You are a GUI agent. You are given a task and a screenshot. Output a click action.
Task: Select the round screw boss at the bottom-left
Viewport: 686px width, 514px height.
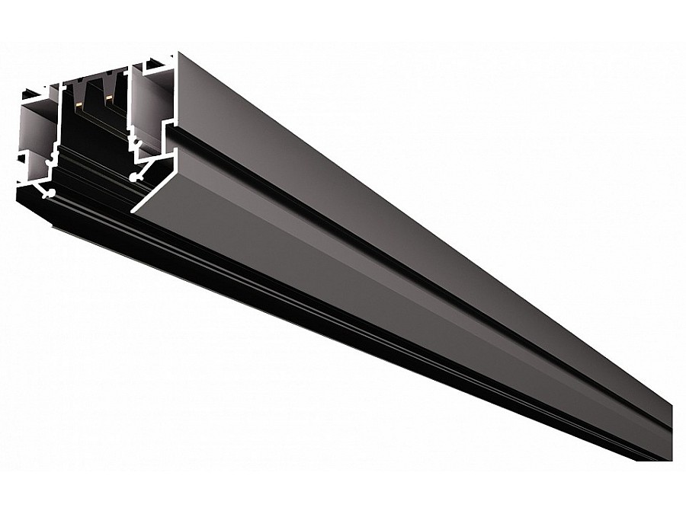point(50,194)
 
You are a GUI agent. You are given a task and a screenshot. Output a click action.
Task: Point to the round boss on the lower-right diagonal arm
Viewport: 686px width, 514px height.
point(135,177)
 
